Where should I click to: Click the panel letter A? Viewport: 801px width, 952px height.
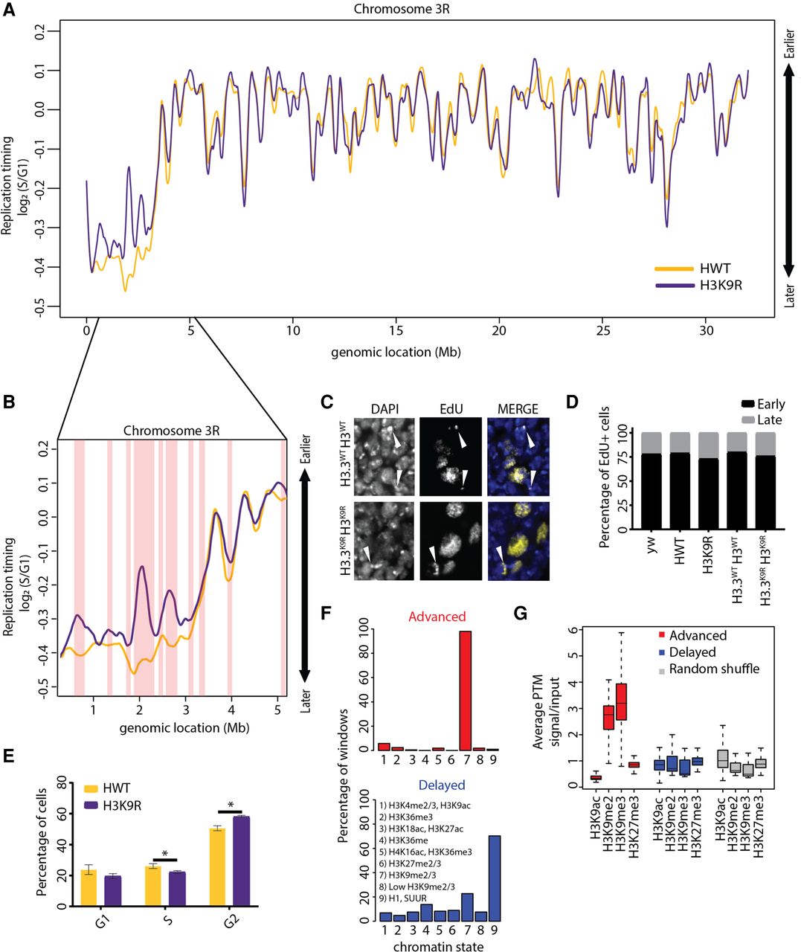(9, 10)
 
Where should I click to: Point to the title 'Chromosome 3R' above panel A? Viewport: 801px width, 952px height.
(402, 9)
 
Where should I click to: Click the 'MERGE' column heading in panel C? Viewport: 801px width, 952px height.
(518, 408)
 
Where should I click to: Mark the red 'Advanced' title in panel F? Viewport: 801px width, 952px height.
(437, 617)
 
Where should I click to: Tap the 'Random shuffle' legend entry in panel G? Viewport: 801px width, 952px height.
(710, 669)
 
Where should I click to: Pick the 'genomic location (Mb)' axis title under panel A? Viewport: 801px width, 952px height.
(396, 353)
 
